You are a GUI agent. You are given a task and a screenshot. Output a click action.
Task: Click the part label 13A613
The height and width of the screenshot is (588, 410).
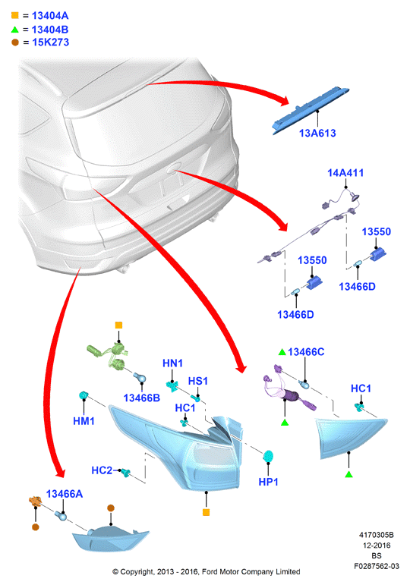click(x=317, y=133)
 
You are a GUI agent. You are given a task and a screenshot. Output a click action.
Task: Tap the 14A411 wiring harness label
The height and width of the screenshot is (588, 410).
click(x=345, y=173)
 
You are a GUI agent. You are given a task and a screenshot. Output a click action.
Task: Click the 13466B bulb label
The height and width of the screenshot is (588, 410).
click(x=142, y=398)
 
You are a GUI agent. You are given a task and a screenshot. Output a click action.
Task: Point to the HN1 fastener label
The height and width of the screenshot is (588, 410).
click(x=172, y=363)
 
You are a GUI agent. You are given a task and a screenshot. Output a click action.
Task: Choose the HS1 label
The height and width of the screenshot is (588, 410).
click(x=197, y=381)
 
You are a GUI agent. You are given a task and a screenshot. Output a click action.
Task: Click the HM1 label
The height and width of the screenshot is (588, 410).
click(x=84, y=421)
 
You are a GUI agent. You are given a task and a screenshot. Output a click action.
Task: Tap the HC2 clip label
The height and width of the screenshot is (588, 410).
click(x=102, y=470)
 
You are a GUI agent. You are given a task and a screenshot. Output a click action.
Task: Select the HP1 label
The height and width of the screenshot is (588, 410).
click(x=268, y=482)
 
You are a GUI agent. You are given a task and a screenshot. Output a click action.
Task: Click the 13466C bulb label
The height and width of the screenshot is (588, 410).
click(x=306, y=352)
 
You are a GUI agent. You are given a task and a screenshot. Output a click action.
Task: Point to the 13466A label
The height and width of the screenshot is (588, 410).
click(x=65, y=494)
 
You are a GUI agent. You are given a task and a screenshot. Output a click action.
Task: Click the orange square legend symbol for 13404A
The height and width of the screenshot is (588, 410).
click(x=15, y=15)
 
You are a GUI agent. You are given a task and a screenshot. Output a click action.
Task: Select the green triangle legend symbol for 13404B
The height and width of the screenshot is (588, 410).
click(x=15, y=30)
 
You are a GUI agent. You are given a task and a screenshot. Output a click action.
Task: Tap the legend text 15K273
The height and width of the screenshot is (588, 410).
click(x=51, y=42)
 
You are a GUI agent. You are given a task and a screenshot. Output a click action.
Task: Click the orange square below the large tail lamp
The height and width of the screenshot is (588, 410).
click(x=206, y=512)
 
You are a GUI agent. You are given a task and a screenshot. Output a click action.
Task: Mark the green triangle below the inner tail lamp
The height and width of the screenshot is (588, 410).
click(x=348, y=475)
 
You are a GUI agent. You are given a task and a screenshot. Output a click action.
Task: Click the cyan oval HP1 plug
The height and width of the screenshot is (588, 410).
click(x=268, y=457)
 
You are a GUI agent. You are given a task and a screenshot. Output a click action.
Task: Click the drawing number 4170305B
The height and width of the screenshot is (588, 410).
click(x=377, y=535)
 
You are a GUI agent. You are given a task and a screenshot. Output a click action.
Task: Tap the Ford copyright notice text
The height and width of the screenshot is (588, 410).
click(x=207, y=572)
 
